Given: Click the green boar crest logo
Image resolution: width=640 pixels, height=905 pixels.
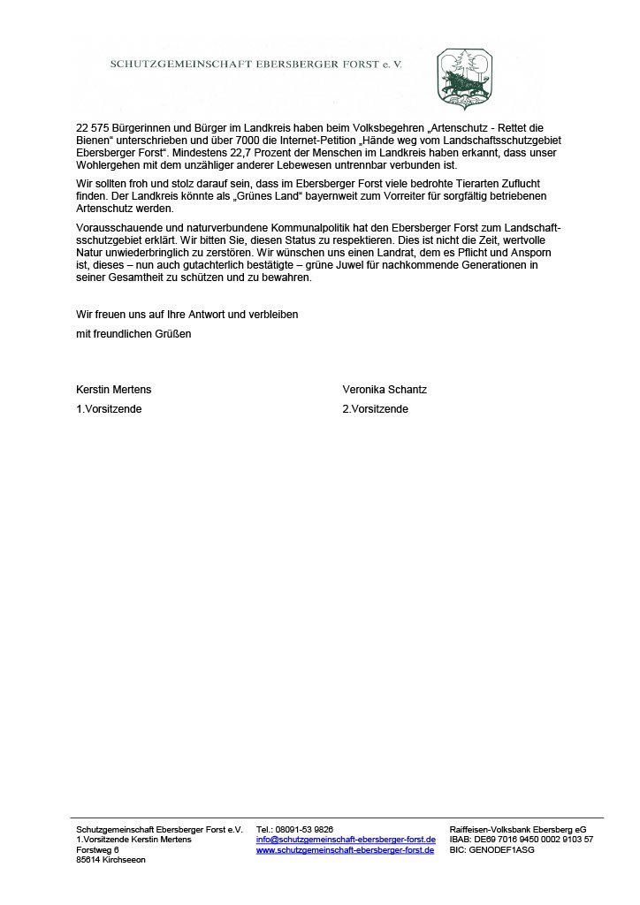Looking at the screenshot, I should coord(464,79).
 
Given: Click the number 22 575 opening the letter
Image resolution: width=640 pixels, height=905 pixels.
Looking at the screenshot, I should coord(94,128).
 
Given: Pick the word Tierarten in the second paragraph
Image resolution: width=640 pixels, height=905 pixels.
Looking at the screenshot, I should coord(440,184).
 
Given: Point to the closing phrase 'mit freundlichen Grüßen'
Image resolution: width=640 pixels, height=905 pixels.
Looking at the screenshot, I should coord(133,334).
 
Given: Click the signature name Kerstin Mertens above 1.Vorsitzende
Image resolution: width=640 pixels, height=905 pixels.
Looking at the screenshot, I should coord(114,389).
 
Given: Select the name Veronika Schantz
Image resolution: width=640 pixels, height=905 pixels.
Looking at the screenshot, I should coord(385,389).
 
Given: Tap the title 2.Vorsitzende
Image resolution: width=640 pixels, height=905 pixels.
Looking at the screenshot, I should coord(376,409).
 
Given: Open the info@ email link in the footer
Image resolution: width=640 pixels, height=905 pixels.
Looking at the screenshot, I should coord(346,840).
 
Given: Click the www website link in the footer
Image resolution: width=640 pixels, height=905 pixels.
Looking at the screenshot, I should coord(346,850).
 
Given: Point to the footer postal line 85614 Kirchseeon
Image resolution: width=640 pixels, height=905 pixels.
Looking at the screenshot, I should coord(111,860).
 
